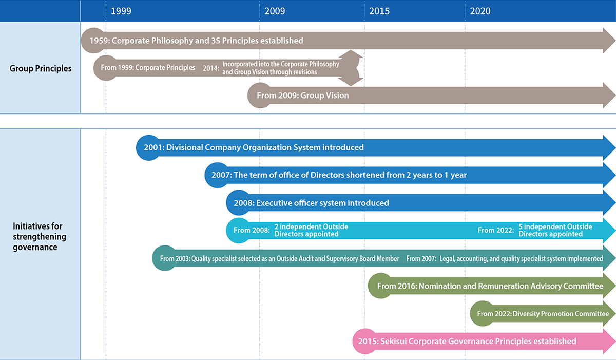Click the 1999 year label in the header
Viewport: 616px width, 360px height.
pyautogui.click(x=121, y=11)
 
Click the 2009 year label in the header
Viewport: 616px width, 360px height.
pyautogui.click(x=275, y=11)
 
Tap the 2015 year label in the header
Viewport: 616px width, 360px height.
pyautogui.click(x=379, y=11)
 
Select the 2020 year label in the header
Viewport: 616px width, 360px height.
pyautogui.click(x=480, y=11)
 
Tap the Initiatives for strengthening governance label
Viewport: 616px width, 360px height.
pyautogui.click(x=40, y=237)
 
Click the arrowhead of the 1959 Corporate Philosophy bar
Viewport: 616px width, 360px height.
pyautogui.click(x=609, y=41)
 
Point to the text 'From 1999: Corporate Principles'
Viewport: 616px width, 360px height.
pyautogui.click(x=148, y=68)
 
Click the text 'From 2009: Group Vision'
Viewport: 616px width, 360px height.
pyautogui.click(x=302, y=96)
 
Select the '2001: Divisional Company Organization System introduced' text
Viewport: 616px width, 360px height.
pyautogui.click(x=254, y=147)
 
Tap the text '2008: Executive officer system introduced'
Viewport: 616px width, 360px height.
pyautogui.click(x=311, y=203)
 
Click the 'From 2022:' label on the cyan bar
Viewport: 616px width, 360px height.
pyautogui.click(x=495, y=230)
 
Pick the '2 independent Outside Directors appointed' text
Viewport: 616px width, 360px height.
pyautogui.click(x=311, y=230)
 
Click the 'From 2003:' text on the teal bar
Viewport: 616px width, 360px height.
pyautogui.click(x=175, y=259)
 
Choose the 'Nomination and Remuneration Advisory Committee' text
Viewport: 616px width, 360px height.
pyautogui.click(x=511, y=286)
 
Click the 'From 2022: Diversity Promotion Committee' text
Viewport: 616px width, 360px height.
pyautogui.click(x=543, y=314)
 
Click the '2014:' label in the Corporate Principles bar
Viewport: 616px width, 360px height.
pyautogui.click(x=211, y=68)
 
